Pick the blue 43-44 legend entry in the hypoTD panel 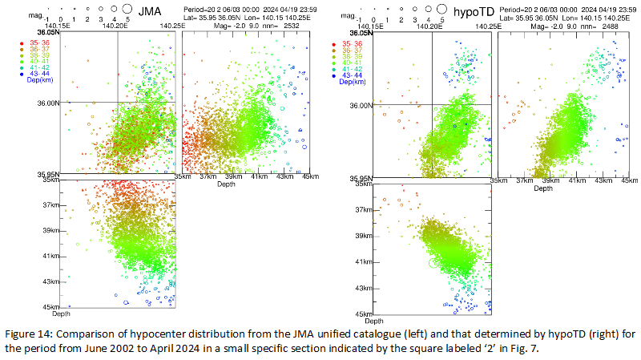click(x=350, y=75)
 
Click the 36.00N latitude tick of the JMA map click(x=49, y=103)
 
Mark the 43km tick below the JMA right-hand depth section click(x=282, y=178)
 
